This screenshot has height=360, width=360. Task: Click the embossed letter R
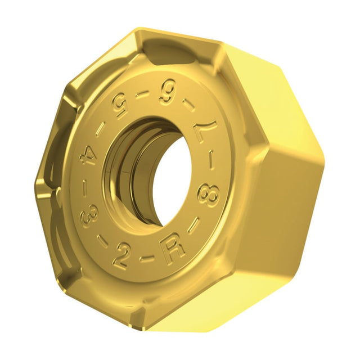coord(173,247)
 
